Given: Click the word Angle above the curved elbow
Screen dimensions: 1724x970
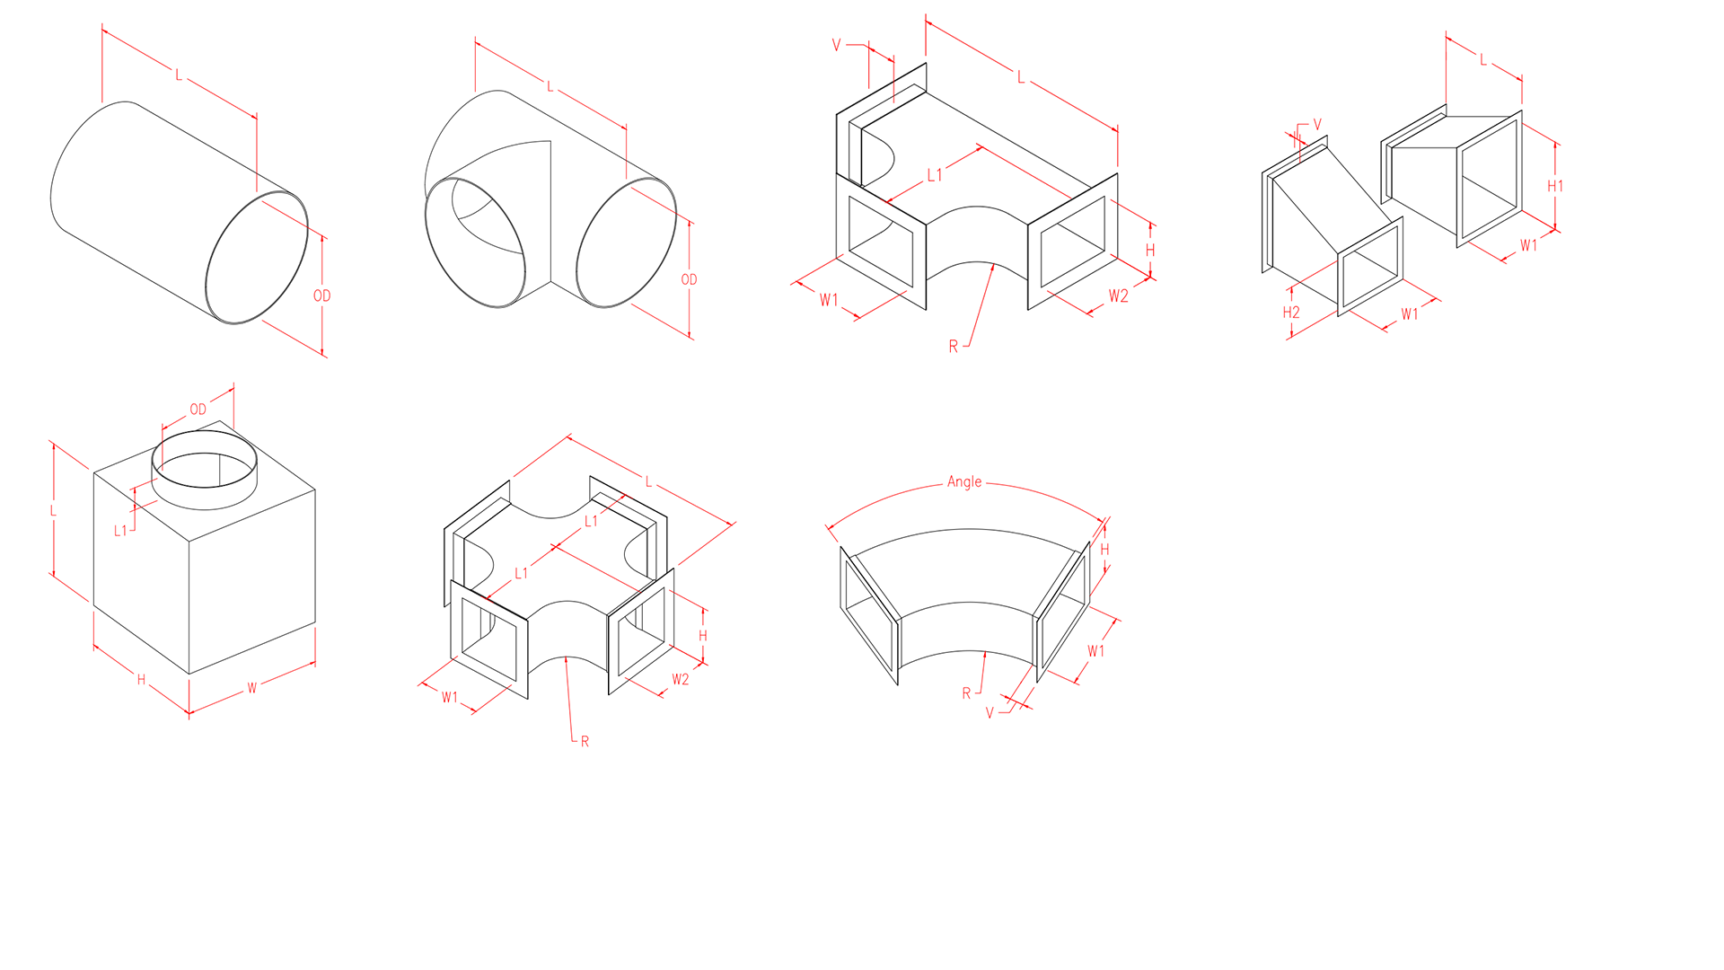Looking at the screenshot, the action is tap(964, 482).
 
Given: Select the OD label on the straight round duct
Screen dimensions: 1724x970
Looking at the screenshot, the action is tap(322, 295).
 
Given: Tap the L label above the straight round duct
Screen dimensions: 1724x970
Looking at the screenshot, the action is tap(179, 75).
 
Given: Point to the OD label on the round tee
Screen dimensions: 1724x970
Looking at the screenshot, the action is tap(689, 279).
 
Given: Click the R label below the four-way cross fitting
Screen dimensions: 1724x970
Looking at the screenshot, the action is tap(585, 741).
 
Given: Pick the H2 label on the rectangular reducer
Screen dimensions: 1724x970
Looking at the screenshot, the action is tap(1291, 313).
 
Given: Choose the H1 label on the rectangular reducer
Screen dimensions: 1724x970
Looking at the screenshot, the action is tap(1555, 186).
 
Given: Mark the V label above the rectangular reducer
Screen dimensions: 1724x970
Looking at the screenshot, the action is tap(1317, 125).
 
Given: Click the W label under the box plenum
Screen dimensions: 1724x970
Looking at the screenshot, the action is tap(252, 688).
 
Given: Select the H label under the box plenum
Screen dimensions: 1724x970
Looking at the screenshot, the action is tap(141, 680).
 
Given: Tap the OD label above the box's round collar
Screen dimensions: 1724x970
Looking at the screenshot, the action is tap(198, 410).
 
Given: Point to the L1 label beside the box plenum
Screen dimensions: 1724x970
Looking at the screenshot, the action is tap(120, 531).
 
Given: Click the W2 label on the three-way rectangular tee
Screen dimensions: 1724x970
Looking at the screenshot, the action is tap(1118, 295).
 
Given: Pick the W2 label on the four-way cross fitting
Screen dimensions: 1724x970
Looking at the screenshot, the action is tap(681, 679).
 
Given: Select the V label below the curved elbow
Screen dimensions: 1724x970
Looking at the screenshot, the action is tap(990, 713).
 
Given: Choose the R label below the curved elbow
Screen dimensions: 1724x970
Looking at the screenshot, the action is tap(966, 693).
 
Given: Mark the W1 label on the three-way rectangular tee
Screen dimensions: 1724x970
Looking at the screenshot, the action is tap(828, 300).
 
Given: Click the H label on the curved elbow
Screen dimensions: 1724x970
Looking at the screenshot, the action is tap(1104, 549).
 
